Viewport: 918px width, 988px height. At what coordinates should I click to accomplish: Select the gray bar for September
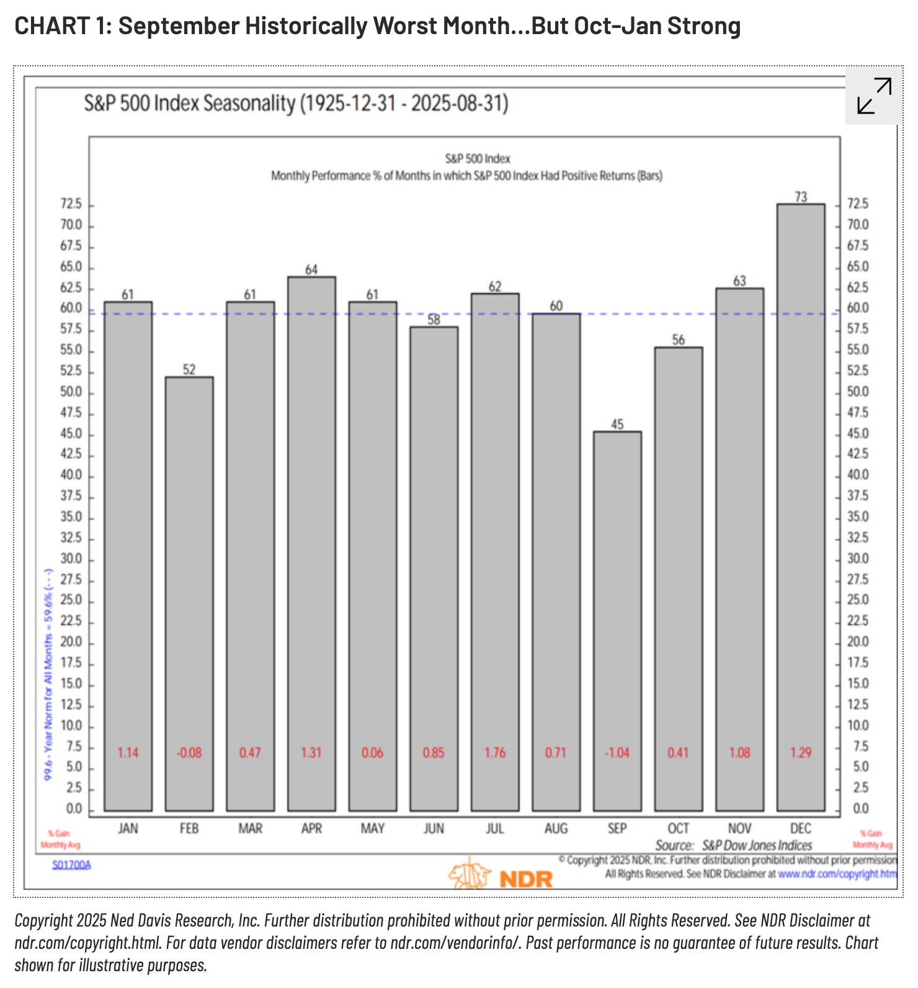click(617, 621)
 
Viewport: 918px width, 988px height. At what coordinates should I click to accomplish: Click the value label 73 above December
click(801, 197)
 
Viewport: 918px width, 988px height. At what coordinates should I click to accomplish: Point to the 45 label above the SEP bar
click(617, 424)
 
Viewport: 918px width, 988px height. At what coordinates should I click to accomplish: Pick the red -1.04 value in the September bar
click(617, 753)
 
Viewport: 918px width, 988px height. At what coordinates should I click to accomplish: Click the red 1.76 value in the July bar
click(495, 753)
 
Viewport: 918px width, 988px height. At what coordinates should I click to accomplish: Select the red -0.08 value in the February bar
click(189, 753)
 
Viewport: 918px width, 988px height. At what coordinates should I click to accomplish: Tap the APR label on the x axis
click(311, 829)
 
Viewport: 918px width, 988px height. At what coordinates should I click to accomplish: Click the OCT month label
click(678, 829)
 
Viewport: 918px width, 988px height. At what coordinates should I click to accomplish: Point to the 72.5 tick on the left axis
click(71, 204)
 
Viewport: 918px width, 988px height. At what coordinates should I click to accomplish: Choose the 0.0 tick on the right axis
click(860, 809)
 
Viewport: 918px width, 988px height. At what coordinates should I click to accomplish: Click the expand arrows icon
click(874, 96)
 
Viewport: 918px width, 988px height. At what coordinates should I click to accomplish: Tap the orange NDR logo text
click(525, 879)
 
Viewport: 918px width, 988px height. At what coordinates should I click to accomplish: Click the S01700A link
click(71, 864)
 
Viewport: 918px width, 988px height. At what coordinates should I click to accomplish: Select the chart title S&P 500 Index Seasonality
click(296, 103)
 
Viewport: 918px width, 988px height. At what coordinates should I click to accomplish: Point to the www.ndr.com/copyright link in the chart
click(837, 874)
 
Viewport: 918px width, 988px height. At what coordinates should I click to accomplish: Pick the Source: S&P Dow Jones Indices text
click(733, 845)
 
